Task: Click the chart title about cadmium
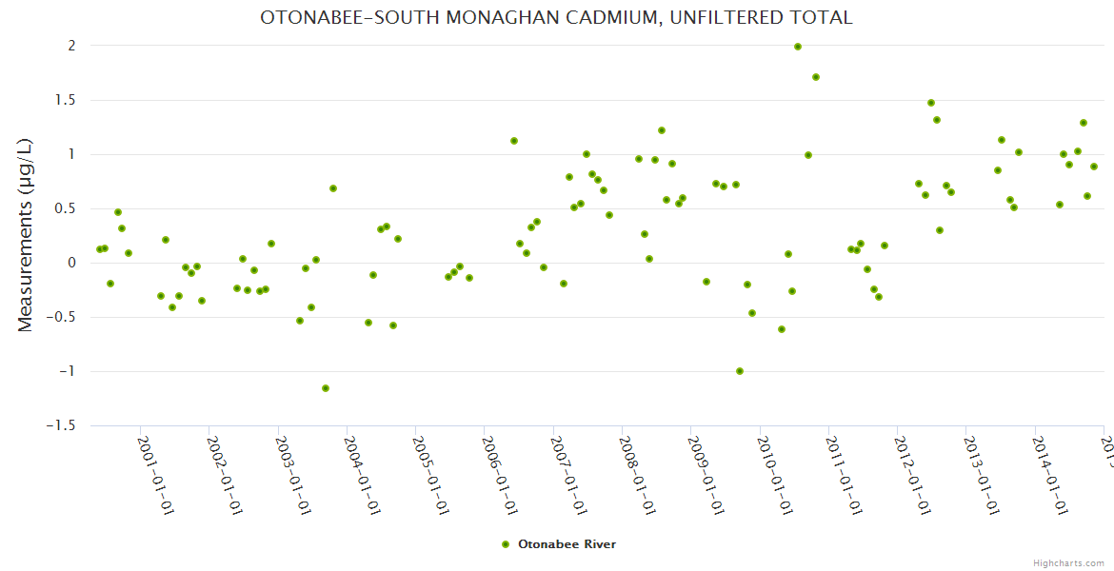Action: click(556, 17)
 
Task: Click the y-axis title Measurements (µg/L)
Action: click(26, 235)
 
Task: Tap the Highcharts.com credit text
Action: click(1068, 562)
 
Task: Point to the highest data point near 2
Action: click(798, 47)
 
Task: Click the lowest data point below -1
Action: click(326, 388)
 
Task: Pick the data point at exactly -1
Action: click(740, 371)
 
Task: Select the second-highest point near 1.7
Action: click(816, 77)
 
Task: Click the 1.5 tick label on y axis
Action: click(65, 100)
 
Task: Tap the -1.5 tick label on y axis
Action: click(61, 425)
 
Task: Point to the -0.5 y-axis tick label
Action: click(61, 317)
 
